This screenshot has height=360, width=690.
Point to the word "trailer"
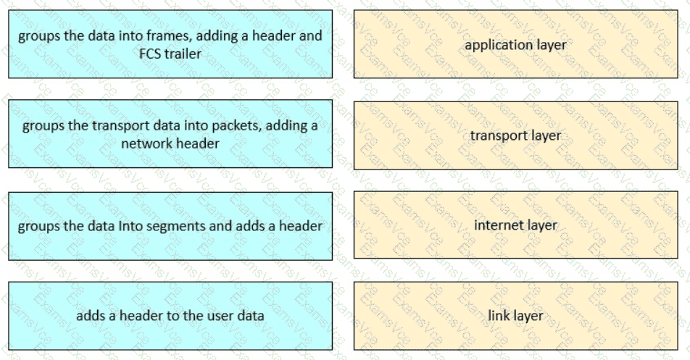183,54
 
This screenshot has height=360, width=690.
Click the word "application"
494,46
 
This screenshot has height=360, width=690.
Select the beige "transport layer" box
516,135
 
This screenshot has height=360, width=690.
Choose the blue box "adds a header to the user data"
170,316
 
